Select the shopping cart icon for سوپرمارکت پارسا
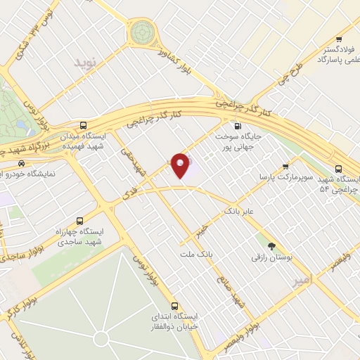click(285, 167)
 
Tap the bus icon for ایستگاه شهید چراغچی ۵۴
click(339, 169)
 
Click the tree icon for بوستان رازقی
click(271, 245)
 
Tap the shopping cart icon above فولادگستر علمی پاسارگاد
click(339, 40)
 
